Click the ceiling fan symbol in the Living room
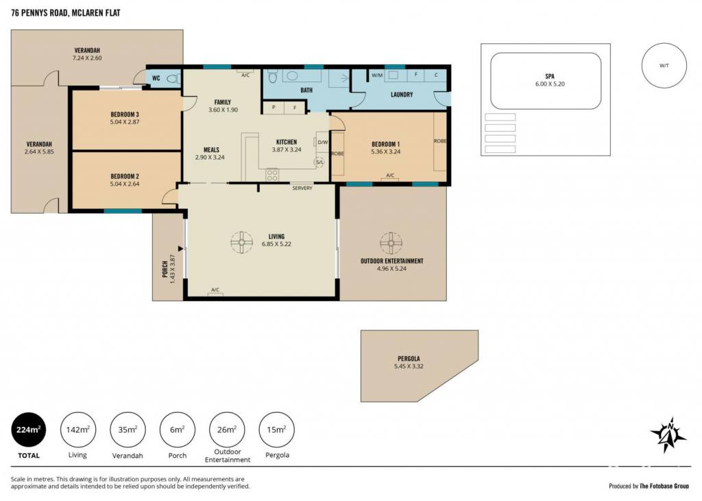[x=242, y=242]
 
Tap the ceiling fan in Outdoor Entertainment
[x=391, y=243]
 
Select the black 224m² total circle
[x=29, y=430]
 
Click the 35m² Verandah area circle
[x=128, y=430]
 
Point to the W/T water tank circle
[x=664, y=66]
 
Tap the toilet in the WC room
[x=173, y=80]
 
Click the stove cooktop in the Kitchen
[x=272, y=175]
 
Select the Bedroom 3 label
[x=125, y=114]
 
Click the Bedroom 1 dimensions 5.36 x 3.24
[x=385, y=151]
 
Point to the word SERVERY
[x=302, y=188]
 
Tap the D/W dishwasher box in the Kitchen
[x=323, y=143]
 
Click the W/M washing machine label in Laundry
[x=378, y=75]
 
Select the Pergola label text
[x=409, y=358]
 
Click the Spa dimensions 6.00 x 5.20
[x=550, y=84]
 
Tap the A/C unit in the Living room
[x=215, y=291]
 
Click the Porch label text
[x=165, y=269]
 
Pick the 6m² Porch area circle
[x=178, y=430]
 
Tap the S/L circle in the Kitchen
[x=319, y=162]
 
